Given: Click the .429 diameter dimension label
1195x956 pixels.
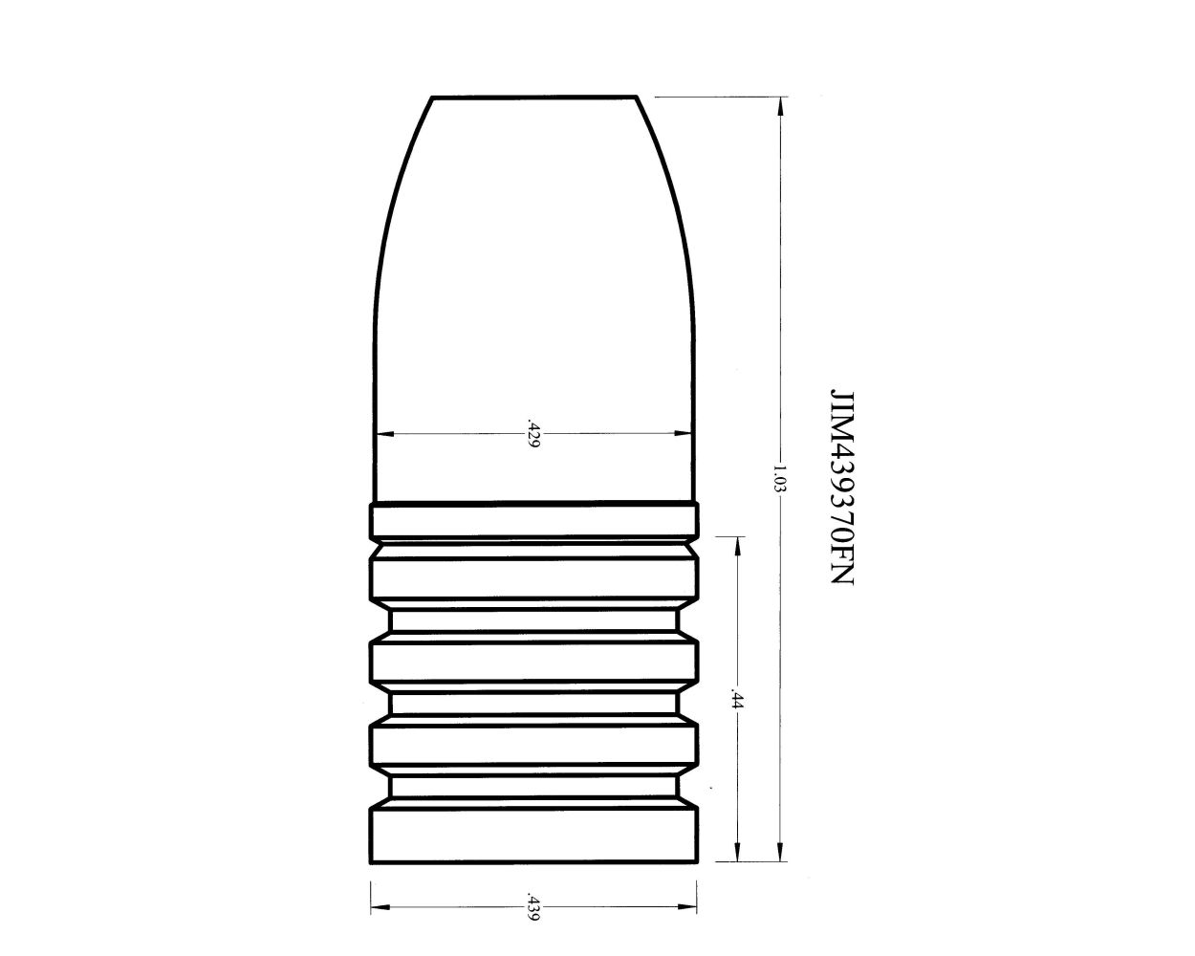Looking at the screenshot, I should point(533,433).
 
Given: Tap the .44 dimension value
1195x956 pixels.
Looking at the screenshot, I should point(736,699).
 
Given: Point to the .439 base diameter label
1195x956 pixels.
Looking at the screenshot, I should point(532,907).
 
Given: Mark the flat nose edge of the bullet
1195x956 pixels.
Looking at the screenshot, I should point(533,97).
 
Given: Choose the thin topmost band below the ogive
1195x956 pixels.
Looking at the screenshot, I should point(533,521).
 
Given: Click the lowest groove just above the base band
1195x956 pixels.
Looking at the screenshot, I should point(533,786).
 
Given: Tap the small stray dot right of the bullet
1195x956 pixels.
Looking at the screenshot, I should point(710,790).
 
